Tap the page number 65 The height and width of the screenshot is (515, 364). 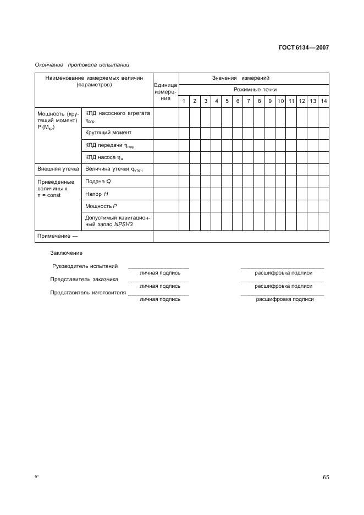tap(326, 477)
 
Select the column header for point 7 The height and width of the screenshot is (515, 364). tap(249, 101)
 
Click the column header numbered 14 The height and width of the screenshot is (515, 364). tap(324, 101)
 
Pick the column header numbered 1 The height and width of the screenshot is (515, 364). tap(184, 101)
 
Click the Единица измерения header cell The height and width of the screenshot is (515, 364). tap(166, 91)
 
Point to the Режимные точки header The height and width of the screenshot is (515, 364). tap(255, 89)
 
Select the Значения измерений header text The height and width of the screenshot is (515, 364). tap(241, 78)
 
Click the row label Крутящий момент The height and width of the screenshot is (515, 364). tap(108, 133)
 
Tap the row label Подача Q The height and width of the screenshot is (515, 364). tap(98, 181)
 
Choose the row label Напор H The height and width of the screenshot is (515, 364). tap(97, 194)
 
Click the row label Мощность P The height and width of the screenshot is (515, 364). tap(101, 206)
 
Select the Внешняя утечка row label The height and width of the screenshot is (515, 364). tap(58, 169)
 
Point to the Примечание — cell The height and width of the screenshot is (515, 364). tap(57, 236)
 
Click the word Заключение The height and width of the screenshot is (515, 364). tap(66, 253)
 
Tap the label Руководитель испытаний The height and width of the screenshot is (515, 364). tap(85, 266)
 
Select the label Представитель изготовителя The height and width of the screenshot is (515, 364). tap(88, 292)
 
